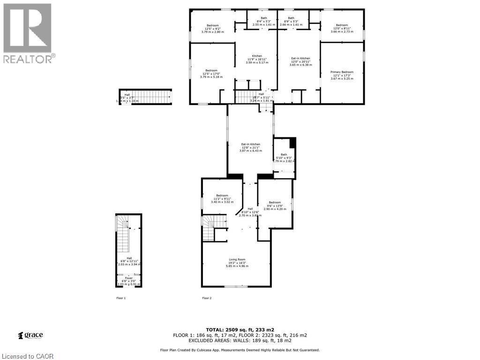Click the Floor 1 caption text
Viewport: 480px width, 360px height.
click(121, 298)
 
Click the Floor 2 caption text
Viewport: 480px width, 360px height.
click(207, 298)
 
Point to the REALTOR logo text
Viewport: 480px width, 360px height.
click(28, 59)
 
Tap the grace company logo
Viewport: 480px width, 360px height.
click(30, 335)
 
